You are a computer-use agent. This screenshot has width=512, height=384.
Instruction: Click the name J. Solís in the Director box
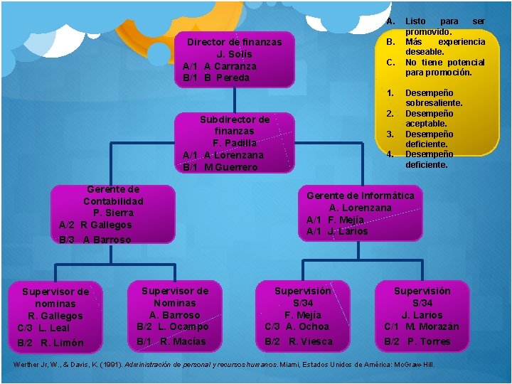point(234,54)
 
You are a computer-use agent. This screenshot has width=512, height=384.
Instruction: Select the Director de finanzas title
point(234,42)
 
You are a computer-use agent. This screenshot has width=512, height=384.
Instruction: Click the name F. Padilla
point(234,143)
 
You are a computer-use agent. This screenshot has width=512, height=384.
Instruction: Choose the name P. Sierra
point(113,213)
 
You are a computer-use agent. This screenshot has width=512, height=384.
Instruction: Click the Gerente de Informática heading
point(360,196)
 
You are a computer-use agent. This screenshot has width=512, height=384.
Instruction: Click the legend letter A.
point(390,21)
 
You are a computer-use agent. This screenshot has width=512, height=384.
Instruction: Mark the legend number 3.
point(390,134)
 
